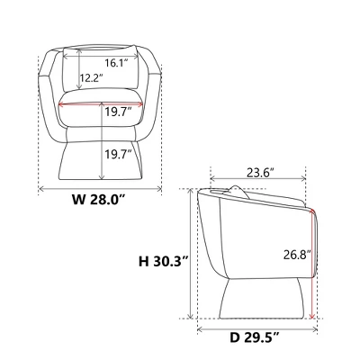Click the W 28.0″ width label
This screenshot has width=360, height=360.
point(98,200)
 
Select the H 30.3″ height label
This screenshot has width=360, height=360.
point(164,262)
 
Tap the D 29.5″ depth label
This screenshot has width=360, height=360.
point(255,338)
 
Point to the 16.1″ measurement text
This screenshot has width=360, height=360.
point(117,63)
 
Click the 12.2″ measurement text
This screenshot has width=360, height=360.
point(92,78)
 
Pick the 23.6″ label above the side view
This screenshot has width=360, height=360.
point(260,173)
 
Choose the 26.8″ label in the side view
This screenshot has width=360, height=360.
point(297,255)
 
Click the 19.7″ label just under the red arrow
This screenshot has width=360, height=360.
point(119,112)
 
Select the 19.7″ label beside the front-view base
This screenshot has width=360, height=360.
point(119,154)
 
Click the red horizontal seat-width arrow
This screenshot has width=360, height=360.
point(101,104)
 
